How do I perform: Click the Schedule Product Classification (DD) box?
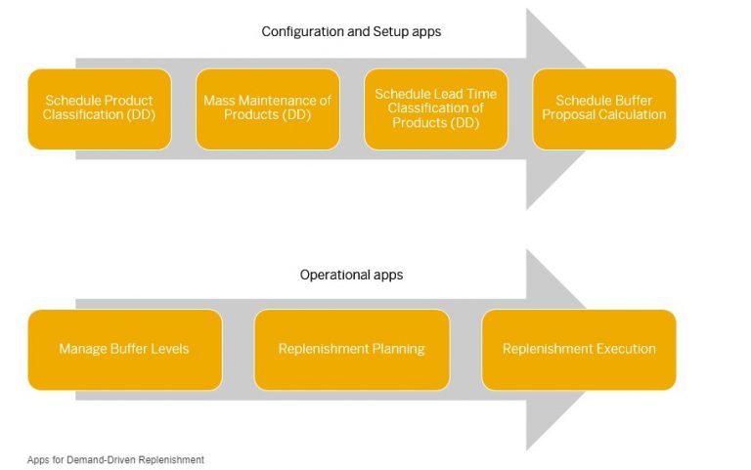(x=99, y=108)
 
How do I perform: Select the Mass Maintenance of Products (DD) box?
(x=267, y=108)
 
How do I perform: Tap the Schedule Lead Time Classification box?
(x=435, y=108)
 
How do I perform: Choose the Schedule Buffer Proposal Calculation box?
(x=604, y=108)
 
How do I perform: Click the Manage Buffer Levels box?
(x=124, y=349)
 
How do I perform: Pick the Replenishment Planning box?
(x=351, y=349)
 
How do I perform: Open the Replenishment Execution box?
(x=579, y=349)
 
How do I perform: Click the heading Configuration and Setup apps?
(x=351, y=32)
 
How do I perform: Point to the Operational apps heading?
(x=351, y=275)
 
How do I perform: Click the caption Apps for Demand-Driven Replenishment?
(x=115, y=459)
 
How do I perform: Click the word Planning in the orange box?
(x=397, y=349)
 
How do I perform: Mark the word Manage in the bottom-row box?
(x=81, y=349)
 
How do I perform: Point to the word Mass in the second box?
(x=219, y=101)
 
